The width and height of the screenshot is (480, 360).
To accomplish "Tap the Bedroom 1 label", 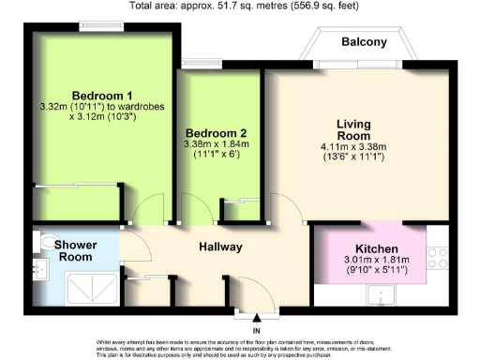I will [x=102, y=95].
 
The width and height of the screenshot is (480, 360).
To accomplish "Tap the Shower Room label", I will [x=72, y=250].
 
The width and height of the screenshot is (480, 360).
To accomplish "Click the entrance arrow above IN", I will [x=256, y=322].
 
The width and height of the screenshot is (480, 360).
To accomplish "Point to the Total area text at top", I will [x=239, y=7].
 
